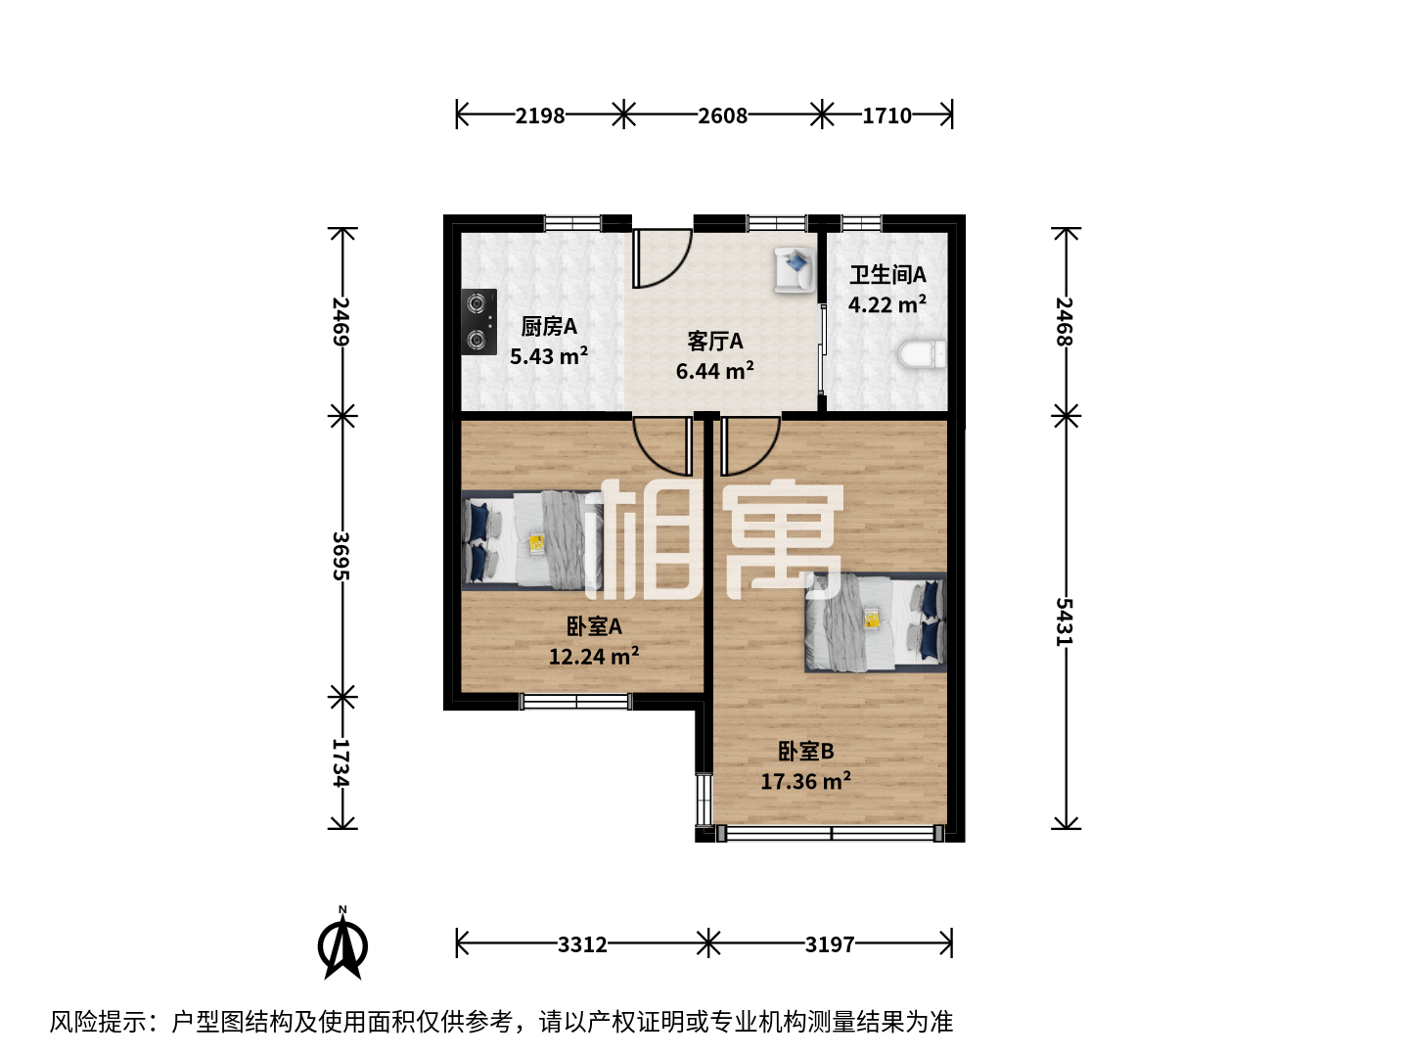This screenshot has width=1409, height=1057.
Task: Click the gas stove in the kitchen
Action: click(478, 322)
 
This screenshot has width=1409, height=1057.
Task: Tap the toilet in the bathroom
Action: click(923, 354)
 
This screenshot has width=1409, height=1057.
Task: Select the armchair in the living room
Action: click(795, 270)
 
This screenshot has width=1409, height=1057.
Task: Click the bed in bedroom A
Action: click(532, 540)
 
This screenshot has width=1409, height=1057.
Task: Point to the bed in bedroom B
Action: click(876, 621)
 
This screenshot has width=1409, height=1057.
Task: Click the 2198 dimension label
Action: click(540, 115)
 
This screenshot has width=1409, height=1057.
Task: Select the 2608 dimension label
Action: click(723, 115)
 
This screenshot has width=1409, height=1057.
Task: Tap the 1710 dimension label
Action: click(886, 115)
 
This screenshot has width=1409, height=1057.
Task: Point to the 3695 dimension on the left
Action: click(341, 556)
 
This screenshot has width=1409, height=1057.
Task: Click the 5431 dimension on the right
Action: click(1065, 621)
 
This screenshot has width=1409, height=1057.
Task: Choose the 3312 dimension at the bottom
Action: click(582, 944)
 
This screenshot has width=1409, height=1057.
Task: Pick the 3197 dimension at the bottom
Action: click(830, 944)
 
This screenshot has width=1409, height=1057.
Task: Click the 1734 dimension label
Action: click(341, 762)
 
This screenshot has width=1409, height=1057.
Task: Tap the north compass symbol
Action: click(342, 943)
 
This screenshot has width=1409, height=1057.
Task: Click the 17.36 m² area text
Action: click(806, 781)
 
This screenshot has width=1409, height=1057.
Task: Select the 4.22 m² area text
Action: click(887, 304)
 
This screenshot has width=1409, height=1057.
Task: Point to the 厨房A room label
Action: click(549, 327)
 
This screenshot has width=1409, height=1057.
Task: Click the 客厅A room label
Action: click(715, 342)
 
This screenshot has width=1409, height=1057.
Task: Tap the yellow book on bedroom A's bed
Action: click(536, 543)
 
